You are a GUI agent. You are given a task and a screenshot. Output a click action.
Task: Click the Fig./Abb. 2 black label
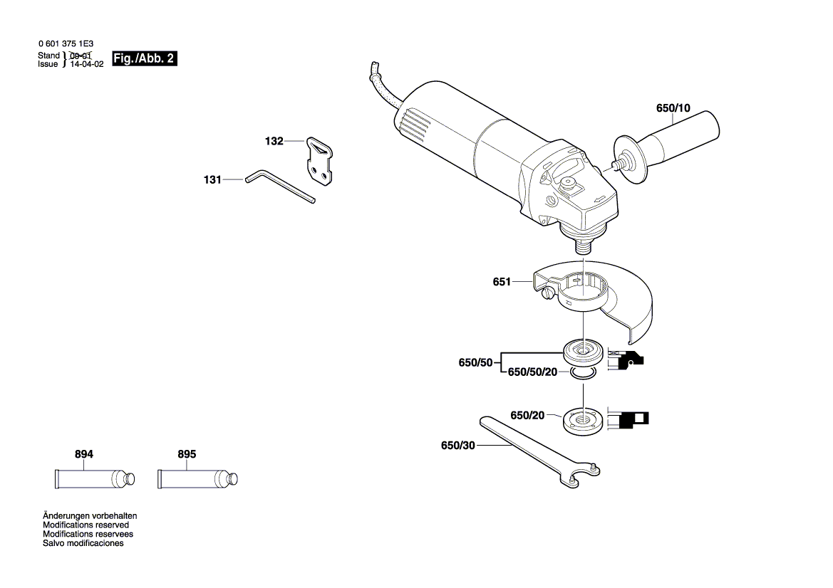(x=145, y=58)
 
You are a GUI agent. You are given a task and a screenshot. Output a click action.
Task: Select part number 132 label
(x=274, y=141)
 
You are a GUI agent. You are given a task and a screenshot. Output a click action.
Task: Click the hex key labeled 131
(x=280, y=186)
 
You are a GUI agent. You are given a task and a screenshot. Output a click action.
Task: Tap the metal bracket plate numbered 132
(x=320, y=162)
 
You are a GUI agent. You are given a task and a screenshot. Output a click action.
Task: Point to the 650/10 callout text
(x=673, y=108)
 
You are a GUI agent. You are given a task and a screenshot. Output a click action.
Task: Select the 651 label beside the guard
(x=502, y=282)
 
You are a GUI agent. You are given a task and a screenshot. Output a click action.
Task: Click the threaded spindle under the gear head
(x=584, y=246)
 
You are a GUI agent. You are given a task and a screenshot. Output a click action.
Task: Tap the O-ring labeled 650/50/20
(x=584, y=373)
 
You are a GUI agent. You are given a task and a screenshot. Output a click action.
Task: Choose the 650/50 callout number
(x=475, y=363)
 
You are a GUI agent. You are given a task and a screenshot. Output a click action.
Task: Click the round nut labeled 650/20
(x=584, y=421)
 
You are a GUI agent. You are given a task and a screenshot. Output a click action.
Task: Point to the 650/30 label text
(x=458, y=446)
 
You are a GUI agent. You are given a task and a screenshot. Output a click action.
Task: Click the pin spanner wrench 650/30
(x=539, y=451)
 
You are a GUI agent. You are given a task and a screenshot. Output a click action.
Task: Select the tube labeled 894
(x=95, y=479)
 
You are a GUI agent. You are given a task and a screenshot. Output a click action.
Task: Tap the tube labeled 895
(x=197, y=479)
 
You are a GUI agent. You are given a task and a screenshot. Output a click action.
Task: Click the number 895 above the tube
(x=187, y=454)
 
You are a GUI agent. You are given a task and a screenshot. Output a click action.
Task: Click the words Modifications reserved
(x=86, y=525)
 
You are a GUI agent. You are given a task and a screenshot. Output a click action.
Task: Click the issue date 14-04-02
(x=87, y=64)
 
